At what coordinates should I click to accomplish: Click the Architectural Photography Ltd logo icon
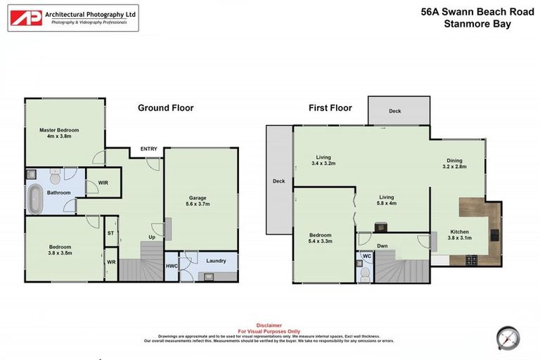pyautogui.click(x=26, y=18)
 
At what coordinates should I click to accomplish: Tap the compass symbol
pyautogui.click(x=506, y=337)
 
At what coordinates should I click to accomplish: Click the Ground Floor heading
pyautogui.click(x=165, y=108)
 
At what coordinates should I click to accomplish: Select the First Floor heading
pyautogui.click(x=330, y=108)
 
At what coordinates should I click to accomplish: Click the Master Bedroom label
pyautogui.click(x=59, y=133)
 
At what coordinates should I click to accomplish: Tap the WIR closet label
pyautogui.click(x=103, y=183)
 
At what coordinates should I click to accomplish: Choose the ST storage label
pyautogui.click(x=110, y=233)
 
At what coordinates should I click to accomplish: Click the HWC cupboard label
pyautogui.click(x=172, y=266)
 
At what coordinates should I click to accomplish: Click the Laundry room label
pyautogui.click(x=216, y=261)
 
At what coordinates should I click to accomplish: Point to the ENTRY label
pyautogui.click(x=149, y=148)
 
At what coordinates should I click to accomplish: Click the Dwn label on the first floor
pyautogui.click(x=382, y=245)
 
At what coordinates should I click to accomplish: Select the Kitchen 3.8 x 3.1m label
pyautogui.click(x=460, y=235)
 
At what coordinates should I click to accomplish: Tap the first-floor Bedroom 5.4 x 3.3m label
pyautogui.click(x=320, y=239)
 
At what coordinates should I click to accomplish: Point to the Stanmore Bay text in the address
pyautogui.click(x=477, y=24)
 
